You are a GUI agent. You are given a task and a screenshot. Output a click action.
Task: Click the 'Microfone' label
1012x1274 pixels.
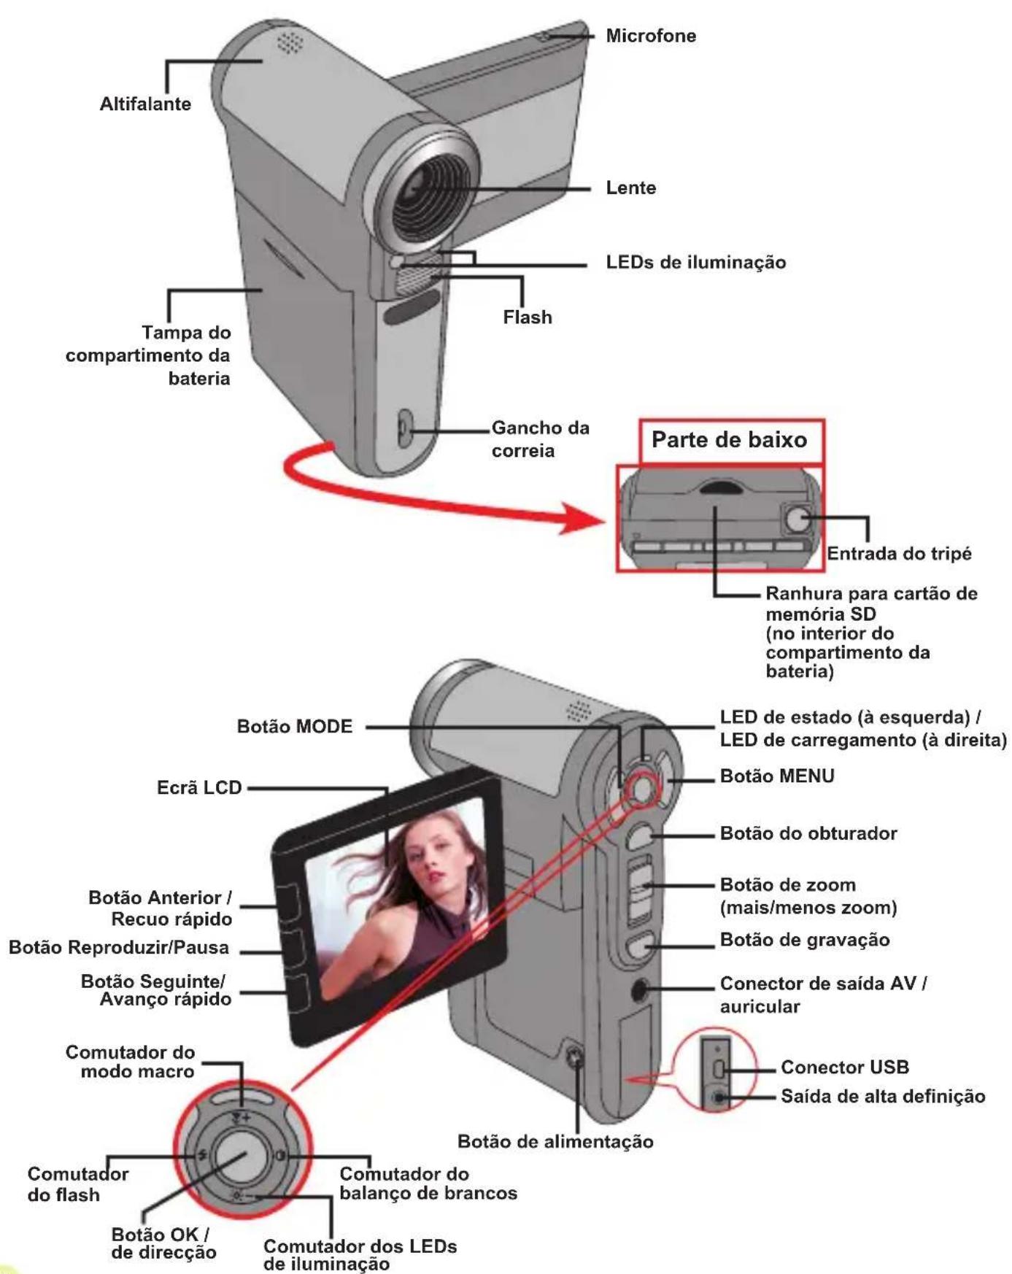(651, 36)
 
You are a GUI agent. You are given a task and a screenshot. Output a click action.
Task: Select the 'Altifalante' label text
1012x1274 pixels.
(145, 104)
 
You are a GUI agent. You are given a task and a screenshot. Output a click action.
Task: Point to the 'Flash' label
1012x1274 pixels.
(528, 317)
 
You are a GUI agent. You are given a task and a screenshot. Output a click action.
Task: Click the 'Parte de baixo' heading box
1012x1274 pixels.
(731, 441)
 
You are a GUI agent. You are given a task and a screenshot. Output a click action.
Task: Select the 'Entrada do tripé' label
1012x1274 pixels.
(899, 554)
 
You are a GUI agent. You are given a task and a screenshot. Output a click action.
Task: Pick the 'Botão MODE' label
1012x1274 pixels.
(295, 727)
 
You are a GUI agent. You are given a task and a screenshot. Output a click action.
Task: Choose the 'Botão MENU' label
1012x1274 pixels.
(777, 776)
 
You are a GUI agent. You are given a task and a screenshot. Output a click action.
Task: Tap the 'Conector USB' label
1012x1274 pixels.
(845, 1068)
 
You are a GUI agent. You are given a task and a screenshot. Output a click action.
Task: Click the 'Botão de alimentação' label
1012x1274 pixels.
(555, 1142)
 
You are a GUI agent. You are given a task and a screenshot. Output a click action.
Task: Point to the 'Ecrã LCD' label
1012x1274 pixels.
(199, 788)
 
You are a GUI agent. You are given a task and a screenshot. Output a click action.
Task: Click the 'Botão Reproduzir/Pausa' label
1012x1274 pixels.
(119, 948)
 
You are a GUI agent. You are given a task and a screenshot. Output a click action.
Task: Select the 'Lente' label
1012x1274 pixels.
(631, 188)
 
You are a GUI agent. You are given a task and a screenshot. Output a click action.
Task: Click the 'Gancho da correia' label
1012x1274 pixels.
(540, 439)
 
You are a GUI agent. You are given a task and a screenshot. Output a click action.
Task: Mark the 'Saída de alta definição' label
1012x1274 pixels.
(883, 1097)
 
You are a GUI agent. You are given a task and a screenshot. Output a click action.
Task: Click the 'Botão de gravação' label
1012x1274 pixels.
(805, 940)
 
